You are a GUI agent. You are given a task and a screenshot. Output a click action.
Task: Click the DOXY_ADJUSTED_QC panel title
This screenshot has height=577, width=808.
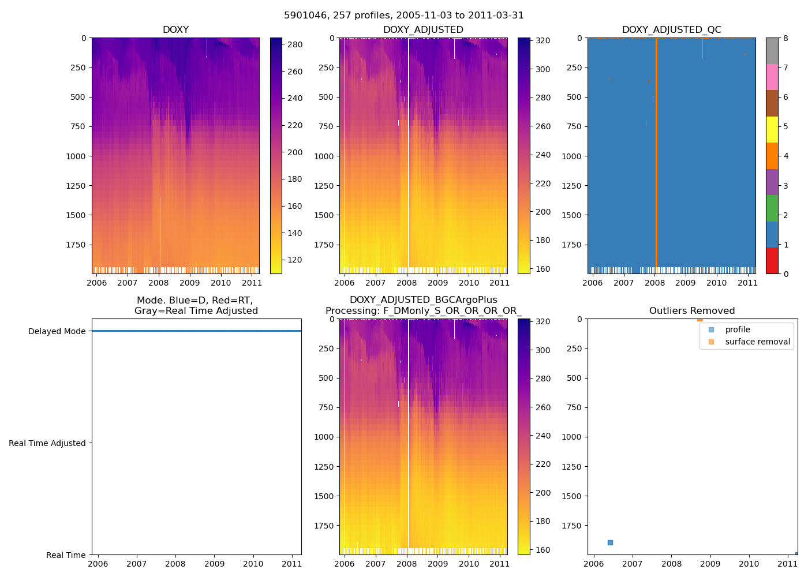671,29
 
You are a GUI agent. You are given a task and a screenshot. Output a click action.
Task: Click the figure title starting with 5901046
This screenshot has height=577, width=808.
404,16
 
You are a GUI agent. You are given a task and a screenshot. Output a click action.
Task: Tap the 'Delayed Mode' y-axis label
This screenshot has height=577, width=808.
57,331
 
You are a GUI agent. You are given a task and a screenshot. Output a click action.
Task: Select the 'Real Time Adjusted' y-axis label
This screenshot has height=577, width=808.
47,443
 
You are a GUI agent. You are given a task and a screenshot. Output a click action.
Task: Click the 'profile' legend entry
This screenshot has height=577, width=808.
738,329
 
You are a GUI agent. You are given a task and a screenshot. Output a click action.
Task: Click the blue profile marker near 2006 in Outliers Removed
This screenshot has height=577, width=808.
610,542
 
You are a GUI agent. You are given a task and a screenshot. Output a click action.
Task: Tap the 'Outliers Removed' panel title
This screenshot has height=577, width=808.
692,310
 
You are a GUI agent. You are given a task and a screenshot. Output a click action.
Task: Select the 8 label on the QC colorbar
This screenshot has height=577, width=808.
785,38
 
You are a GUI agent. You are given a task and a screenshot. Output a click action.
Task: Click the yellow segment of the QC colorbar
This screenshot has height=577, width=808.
772,130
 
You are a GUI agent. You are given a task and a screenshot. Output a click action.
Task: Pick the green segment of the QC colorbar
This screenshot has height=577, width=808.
772,208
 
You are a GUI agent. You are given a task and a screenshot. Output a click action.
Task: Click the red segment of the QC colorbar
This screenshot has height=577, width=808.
772,260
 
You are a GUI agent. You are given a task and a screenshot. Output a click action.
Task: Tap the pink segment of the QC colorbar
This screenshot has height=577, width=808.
772,77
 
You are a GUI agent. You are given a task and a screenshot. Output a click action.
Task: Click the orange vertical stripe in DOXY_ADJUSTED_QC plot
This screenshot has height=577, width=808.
656,156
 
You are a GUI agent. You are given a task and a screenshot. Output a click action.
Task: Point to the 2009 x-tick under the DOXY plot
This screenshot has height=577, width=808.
189,283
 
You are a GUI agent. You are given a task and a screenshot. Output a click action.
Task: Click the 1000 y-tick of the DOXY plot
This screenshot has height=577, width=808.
76,156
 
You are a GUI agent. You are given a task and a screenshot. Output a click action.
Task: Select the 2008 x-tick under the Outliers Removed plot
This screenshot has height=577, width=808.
671,564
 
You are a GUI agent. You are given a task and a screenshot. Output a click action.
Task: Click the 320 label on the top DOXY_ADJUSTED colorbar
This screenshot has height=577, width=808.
543,40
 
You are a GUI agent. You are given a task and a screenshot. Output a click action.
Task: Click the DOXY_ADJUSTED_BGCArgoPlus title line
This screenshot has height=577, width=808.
423,300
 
